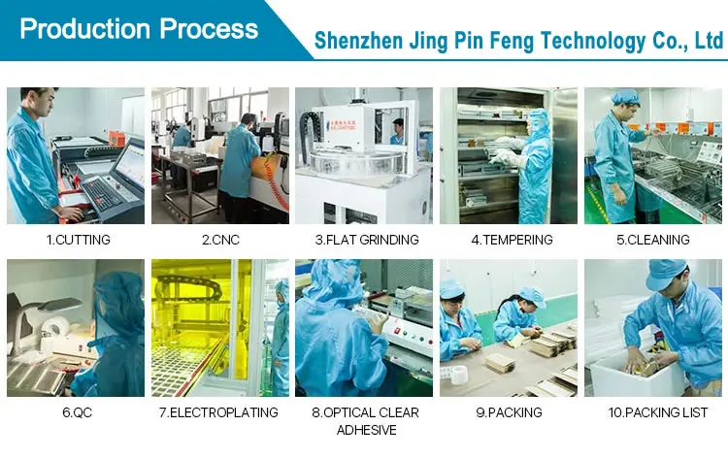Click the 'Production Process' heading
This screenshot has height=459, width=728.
[139, 28]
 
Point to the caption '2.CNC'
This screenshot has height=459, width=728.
[220, 240]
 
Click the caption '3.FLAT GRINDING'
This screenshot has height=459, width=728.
[366, 240]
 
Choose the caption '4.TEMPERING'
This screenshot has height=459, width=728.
[511, 240]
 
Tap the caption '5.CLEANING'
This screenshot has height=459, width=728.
[654, 240]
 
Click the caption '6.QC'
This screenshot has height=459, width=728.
[76, 412]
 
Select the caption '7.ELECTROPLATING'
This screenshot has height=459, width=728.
[220, 412]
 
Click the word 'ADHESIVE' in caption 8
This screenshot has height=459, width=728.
[366, 430]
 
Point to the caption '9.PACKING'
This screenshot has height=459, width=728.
[510, 412]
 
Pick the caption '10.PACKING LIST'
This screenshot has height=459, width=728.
[654, 412]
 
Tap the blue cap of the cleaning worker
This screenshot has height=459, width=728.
[626, 97]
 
